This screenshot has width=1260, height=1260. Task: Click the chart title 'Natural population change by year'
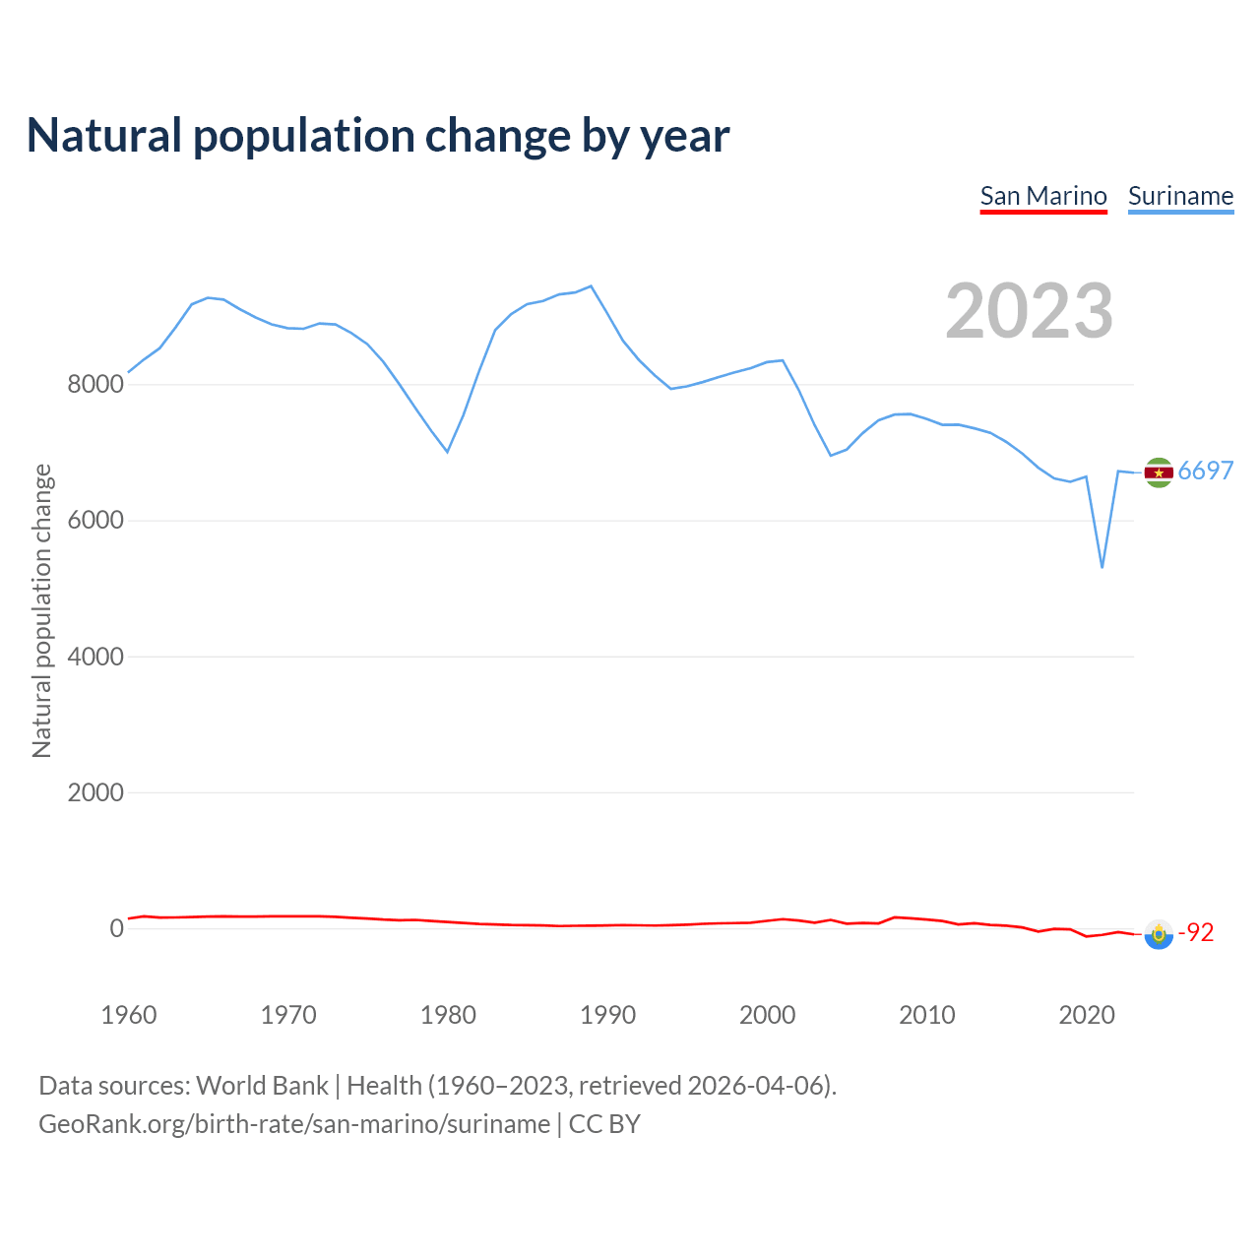(x=378, y=136)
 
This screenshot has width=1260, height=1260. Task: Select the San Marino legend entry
(x=1043, y=196)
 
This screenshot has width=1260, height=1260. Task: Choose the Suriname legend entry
(x=1180, y=196)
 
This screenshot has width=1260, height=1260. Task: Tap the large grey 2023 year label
(x=1029, y=311)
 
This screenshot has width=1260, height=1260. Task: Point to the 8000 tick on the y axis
(x=95, y=384)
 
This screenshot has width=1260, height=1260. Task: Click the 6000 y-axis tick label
(x=95, y=520)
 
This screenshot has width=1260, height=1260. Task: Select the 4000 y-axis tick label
(x=95, y=657)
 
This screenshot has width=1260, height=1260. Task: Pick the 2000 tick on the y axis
(x=95, y=792)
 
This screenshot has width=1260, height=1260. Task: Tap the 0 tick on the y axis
(x=117, y=928)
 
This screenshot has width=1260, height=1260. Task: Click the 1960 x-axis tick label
(x=129, y=1015)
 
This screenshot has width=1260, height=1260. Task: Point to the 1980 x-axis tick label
(x=448, y=1015)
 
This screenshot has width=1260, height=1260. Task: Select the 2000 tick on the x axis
(x=767, y=1015)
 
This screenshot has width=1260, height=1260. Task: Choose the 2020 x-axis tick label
(x=1086, y=1015)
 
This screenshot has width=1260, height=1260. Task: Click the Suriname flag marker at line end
(x=1159, y=472)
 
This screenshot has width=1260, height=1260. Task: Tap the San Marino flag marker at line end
(x=1159, y=934)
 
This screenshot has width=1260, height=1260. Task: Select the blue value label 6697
(x=1206, y=471)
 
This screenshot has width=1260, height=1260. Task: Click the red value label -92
(x=1197, y=932)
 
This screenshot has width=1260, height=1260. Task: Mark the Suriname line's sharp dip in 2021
(x=1102, y=566)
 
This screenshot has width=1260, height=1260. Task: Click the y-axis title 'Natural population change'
(x=41, y=611)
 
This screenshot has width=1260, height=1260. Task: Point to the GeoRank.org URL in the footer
(x=294, y=1124)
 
